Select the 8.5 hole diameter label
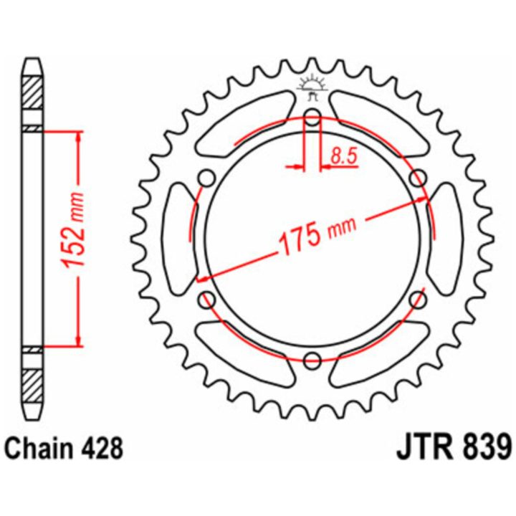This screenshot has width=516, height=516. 344,156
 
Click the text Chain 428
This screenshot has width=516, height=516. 64,449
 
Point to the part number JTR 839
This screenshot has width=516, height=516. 454,447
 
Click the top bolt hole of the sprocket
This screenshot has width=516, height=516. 312,117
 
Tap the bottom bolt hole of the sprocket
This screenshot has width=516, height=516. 312,361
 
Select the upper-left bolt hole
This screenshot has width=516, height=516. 207,178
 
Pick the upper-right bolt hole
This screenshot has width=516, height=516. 418,178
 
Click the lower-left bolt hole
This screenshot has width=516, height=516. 207,300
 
